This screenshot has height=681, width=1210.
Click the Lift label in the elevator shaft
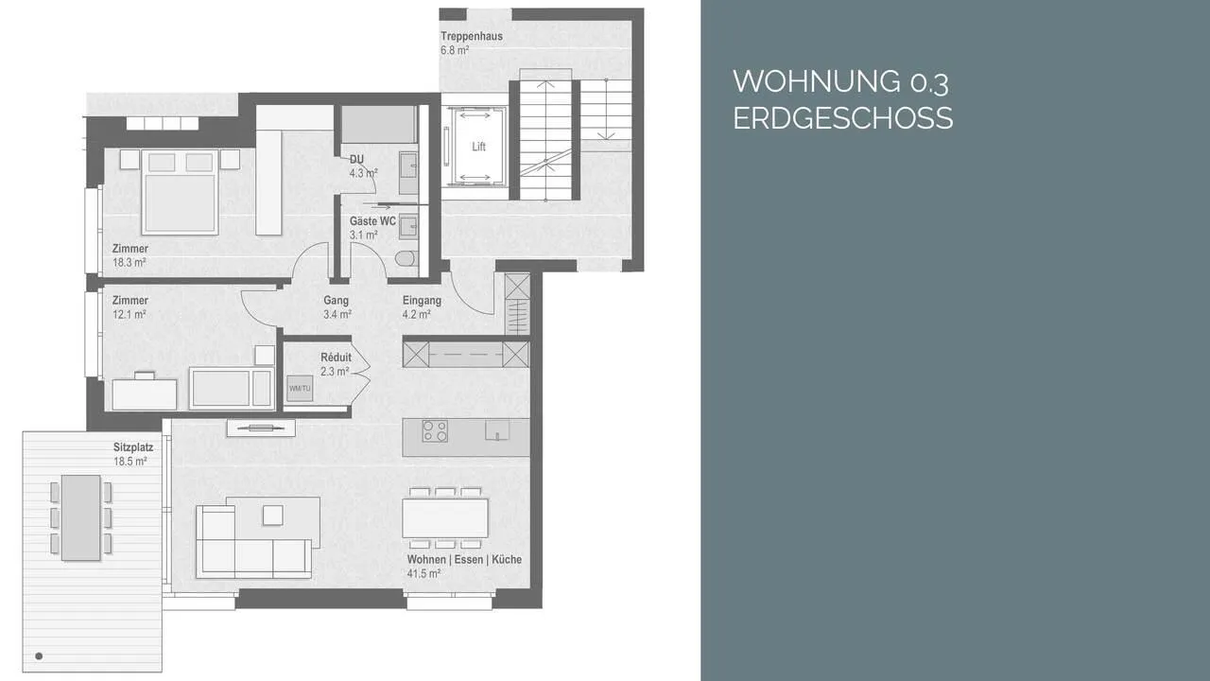tap(478, 147)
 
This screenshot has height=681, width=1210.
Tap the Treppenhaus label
tap(472, 36)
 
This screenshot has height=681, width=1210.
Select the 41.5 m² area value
tap(423, 573)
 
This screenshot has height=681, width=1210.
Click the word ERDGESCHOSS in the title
tap(842, 118)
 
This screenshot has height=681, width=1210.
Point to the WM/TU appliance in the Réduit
tap(300, 388)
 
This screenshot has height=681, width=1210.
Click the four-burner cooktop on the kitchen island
tap(435, 431)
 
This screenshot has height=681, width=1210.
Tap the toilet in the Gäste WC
tap(406, 258)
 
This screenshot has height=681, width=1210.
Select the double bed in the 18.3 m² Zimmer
tap(180, 192)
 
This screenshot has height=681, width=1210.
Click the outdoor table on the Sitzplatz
tap(81, 517)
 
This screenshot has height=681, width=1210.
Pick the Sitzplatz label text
tap(133, 447)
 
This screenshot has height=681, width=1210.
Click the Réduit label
tap(336, 358)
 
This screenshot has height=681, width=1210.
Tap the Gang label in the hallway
tap(336, 301)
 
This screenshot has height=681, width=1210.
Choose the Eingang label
tap(422, 301)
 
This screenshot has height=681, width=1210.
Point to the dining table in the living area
tap(445, 517)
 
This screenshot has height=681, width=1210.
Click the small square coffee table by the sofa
tap(273, 515)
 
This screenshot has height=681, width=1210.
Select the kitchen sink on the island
tap(497, 430)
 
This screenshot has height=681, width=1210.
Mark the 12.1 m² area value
tap(130, 314)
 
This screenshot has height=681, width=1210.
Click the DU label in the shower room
tap(356, 160)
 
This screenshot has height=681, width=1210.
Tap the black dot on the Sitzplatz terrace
tap(39, 656)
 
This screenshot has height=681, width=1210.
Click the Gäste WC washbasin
tap(408, 226)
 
